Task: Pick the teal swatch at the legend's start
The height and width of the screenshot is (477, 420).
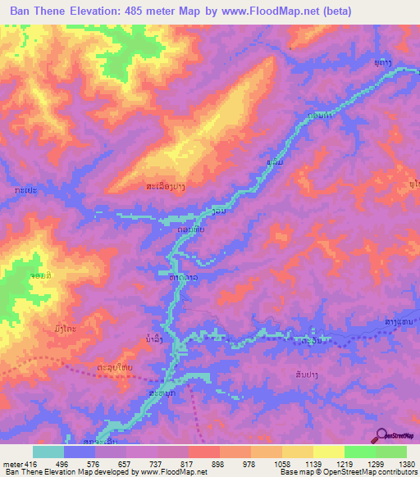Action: [x=48, y=452]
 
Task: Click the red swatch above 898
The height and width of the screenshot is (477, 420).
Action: [x=203, y=452]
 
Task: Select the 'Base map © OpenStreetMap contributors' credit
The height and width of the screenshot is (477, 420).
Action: [x=348, y=471]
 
